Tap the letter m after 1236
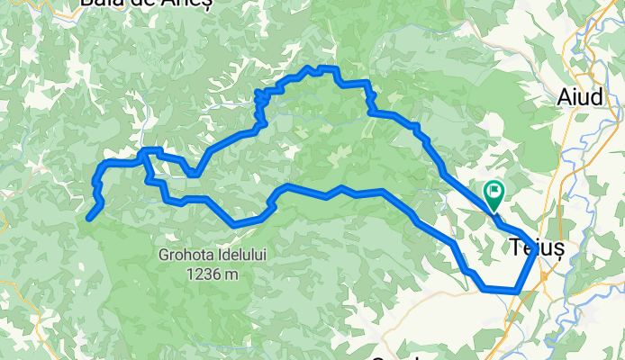point(232,274)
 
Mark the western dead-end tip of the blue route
point(89,217)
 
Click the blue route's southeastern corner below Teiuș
point(517,291)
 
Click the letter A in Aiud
point(565,98)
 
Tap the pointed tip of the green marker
point(494,209)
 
